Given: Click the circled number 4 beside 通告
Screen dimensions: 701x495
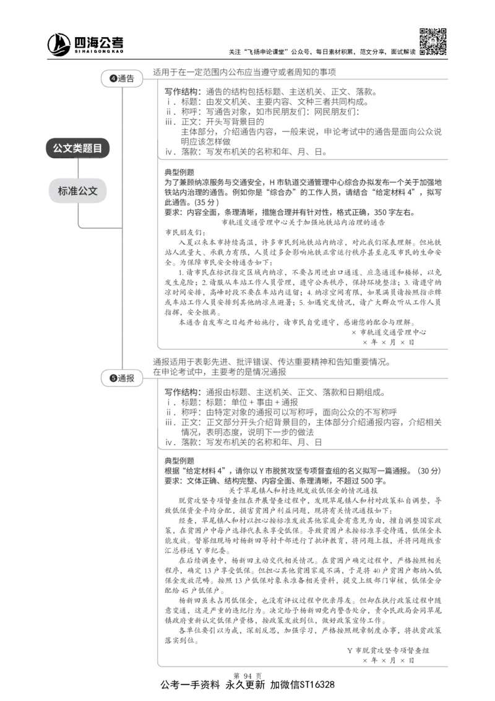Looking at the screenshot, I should (x=113, y=79).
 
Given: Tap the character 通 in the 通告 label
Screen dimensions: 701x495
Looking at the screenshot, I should (x=122, y=79).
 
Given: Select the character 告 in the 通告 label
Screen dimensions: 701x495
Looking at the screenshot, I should (x=130, y=79).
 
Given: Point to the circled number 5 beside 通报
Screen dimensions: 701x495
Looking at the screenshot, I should (x=113, y=378).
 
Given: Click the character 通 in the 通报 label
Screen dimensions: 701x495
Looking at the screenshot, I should (x=122, y=378).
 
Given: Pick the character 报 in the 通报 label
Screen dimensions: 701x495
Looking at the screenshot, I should (x=130, y=378).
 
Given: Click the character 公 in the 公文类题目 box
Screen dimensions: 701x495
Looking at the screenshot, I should (x=58, y=149).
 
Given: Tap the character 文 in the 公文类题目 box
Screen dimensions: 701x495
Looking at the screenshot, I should (x=67, y=149).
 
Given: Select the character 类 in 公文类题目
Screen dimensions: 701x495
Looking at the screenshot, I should (x=77, y=149).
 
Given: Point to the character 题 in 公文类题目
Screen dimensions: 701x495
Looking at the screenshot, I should (x=87, y=149).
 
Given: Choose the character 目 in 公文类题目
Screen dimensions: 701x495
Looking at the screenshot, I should (x=97, y=149).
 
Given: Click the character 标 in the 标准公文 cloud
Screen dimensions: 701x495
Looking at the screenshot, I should (x=63, y=191).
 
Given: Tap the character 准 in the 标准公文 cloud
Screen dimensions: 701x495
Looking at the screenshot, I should (x=73, y=191).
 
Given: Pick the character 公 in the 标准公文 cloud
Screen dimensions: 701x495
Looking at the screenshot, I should (x=83, y=191).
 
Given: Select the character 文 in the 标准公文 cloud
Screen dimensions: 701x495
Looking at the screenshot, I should (x=93, y=191).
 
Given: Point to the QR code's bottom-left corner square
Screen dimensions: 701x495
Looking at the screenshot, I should (x=422, y=52).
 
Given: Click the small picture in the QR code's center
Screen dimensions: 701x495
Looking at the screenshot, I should (x=433, y=41).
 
